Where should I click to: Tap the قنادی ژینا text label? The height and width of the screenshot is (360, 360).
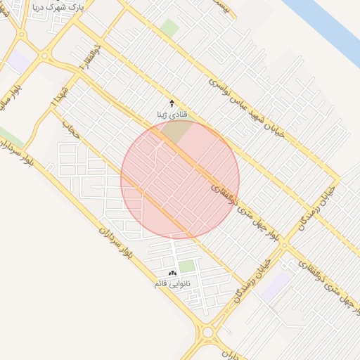click(x=172, y=113)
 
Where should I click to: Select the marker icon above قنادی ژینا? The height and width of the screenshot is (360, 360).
click(x=172, y=103)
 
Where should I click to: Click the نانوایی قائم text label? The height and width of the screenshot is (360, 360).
click(x=172, y=283)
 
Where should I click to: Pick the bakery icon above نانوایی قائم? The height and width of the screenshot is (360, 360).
click(x=172, y=273)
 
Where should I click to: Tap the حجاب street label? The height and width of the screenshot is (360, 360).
click(x=69, y=127)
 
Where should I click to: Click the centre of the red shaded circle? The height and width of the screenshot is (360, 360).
click(x=180, y=179)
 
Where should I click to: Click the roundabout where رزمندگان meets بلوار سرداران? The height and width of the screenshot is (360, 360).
click(x=207, y=332)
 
